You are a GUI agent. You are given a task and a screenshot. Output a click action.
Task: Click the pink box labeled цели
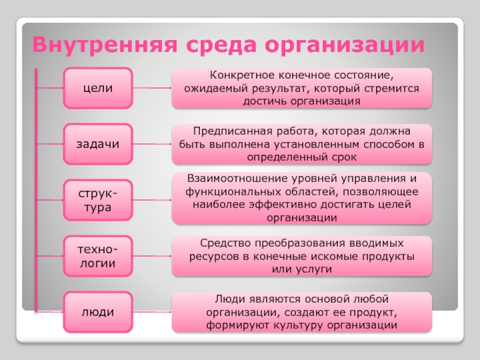click(x=98, y=88)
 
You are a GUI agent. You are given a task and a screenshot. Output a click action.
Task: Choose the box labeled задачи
click(x=98, y=145)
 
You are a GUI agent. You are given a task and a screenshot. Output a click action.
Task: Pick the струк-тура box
click(x=98, y=200)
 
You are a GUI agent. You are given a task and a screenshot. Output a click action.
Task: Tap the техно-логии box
click(x=98, y=256)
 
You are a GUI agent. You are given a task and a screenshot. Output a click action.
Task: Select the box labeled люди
click(x=98, y=312)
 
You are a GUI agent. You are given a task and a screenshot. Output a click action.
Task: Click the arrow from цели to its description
click(x=152, y=88)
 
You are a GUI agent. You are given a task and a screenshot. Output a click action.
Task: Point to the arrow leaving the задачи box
click(x=152, y=145)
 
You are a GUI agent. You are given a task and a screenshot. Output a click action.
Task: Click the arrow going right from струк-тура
click(x=152, y=200)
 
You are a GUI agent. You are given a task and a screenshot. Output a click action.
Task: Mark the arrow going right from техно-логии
click(x=152, y=256)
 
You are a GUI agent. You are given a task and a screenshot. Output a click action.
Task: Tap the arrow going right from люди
click(x=152, y=312)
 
